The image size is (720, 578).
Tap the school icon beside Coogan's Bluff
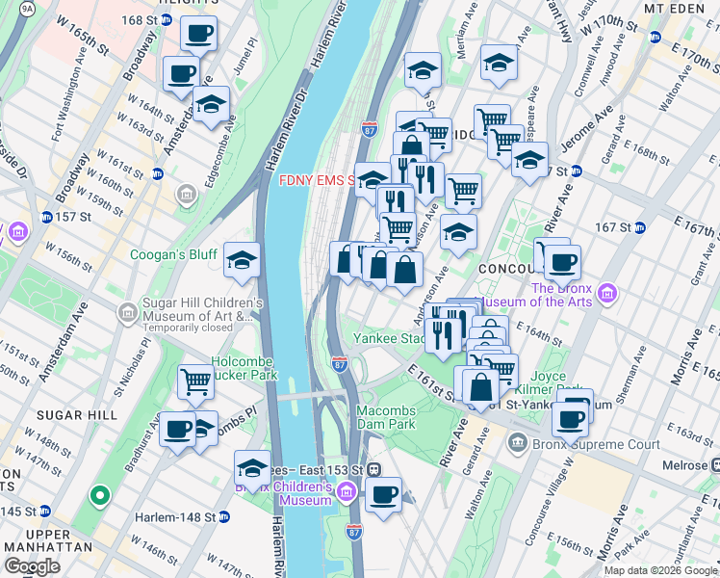(x=242, y=258)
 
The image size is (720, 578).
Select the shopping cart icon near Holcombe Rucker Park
(x=195, y=381)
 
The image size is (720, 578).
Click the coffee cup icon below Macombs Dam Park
(x=384, y=495)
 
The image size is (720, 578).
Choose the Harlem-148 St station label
(x=175, y=517)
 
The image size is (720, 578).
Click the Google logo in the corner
(x=31, y=566)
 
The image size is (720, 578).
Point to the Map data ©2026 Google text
(x=659, y=570)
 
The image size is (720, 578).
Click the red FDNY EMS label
(x=316, y=180)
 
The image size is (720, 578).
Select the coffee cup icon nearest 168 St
(x=198, y=33)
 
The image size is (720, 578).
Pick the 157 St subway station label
(x=73, y=216)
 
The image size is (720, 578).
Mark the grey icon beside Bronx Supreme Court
(x=518, y=443)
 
